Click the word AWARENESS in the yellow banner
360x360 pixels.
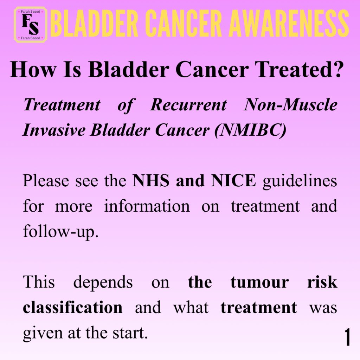[x=289, y=23]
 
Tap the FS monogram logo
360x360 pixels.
[x=31, y=25]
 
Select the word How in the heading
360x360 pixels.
[x=33, y=69]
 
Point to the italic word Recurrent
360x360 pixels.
[x=188, y=105]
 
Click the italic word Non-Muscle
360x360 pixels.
[x=290, y=105]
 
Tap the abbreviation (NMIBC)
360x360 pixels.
[x=250, y=130]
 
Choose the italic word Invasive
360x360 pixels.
[x=54, y=130]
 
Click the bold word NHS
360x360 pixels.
[x=151, y=180]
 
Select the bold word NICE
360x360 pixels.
[x=233, y=180]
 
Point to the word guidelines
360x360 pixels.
[x=300, y=181]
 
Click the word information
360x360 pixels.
[x=147, y=206]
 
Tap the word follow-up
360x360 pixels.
[x=61, y=231]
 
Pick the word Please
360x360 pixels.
[x=46, y=180]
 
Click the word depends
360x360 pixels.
[x=103, y=282]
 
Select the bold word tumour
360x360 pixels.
[x=260, y=282]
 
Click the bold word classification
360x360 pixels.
[x=72, y=307]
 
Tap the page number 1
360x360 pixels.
[x=347, y=337]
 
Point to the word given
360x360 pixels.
[x=43, y=333]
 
